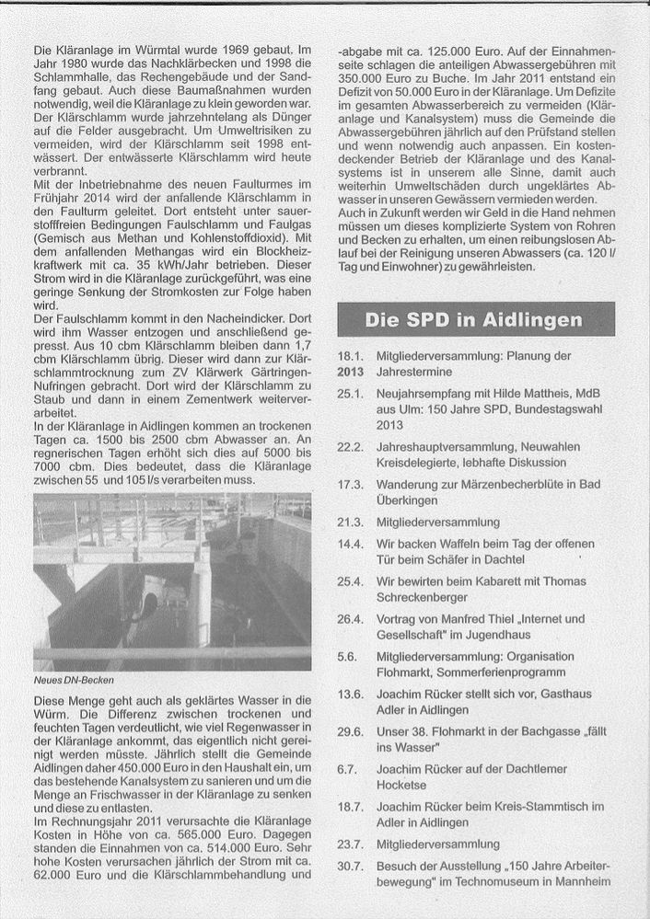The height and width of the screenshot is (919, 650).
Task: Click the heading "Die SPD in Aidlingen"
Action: tap(474, 320)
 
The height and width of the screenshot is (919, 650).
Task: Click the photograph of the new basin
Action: tap(172, 580)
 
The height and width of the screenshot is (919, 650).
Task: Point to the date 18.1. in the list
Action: tap(349, 356)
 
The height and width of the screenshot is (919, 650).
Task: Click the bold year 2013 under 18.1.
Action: tap(351, 373)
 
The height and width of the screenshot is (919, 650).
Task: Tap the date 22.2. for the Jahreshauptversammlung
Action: tap(350, 446)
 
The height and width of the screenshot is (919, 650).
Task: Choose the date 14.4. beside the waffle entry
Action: tap(350, 544)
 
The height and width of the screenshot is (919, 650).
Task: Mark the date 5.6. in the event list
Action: tap(347, 657)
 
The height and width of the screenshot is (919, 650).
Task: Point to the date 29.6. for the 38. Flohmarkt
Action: tap(350, 731)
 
